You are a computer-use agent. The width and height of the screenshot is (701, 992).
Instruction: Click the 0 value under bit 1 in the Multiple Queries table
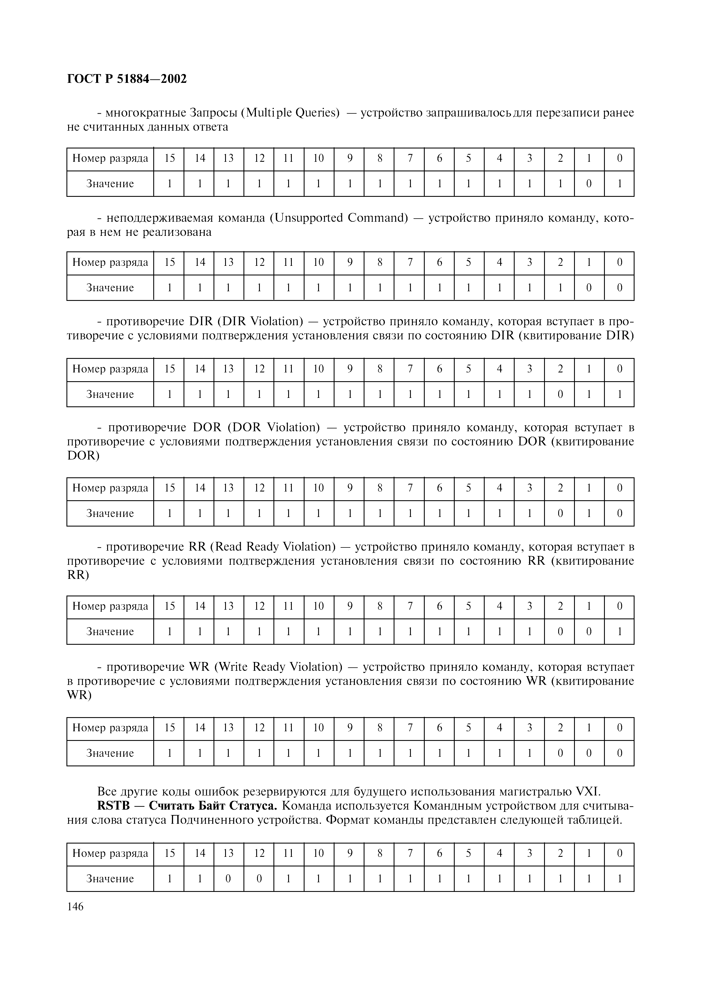(589, 184)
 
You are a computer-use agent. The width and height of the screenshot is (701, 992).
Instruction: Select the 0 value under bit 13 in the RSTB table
(228, 878)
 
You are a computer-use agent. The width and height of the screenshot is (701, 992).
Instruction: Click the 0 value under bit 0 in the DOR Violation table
(619, 513)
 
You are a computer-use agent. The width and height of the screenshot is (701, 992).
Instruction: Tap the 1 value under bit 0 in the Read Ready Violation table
(619, 632)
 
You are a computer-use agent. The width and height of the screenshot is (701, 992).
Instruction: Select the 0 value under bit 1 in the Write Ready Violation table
(589, 753)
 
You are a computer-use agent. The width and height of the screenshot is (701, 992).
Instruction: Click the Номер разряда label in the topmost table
(110, 159)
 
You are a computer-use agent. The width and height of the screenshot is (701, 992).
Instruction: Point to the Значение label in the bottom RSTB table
(110, 878)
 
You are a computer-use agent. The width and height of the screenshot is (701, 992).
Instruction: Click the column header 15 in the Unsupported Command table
(169, 262)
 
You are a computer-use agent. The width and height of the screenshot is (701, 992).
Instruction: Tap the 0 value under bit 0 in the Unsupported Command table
(619, 288)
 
